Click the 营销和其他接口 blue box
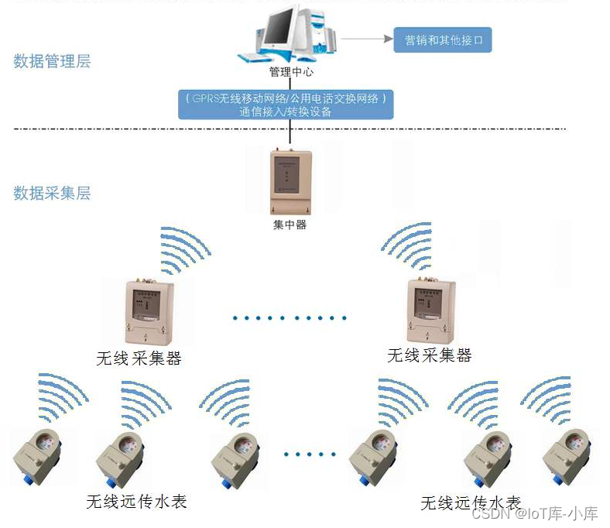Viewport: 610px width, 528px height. pyautogui.click(x=443, y=39)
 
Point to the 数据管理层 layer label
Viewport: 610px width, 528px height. pyautogui.click(x=52, y=61)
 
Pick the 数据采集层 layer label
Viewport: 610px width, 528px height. pyautogui.click(x=52, y=193)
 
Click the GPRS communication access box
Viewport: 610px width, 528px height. pyautogui.click(x=286, y=105)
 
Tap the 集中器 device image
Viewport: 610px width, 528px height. pyautogui.click(x=290, y=182)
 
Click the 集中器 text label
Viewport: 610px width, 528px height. pyautogui.click(x=290, y=225)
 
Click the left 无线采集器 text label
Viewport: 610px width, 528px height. pyautogui.click(x=139, y=358)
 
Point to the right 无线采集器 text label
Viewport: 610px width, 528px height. pyautogui.click(x=429, y=355)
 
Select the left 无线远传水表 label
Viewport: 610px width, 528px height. pyautogui.click(x=136, y=502)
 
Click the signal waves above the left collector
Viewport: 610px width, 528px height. pyautogui.click(x=184, y=249)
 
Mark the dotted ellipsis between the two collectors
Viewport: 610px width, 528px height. pyautogui.click(x=290, y=317)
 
